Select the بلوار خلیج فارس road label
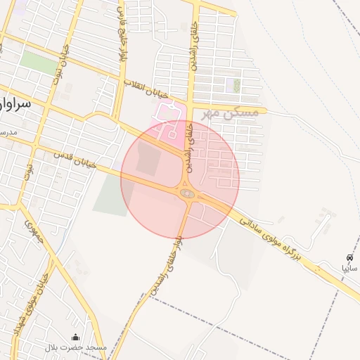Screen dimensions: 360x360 pyautogui.click(x=124, y=32)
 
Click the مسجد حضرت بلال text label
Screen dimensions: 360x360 pyautogui.click(x=76, y=347)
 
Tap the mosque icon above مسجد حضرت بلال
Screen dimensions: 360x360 pyautogui.click(x=76, y=337)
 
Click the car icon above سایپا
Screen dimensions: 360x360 pyautogui.click(x=349, y=258)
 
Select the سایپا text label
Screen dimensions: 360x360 pyautogui.click(x=349, y=269)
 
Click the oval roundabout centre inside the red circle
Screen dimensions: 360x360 pyautogui.click(x=186, y=193)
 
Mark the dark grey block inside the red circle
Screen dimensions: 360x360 pyautogui.click(x=148, y=158)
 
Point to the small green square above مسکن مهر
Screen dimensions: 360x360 pyautogui.click(x=237, y=86)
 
